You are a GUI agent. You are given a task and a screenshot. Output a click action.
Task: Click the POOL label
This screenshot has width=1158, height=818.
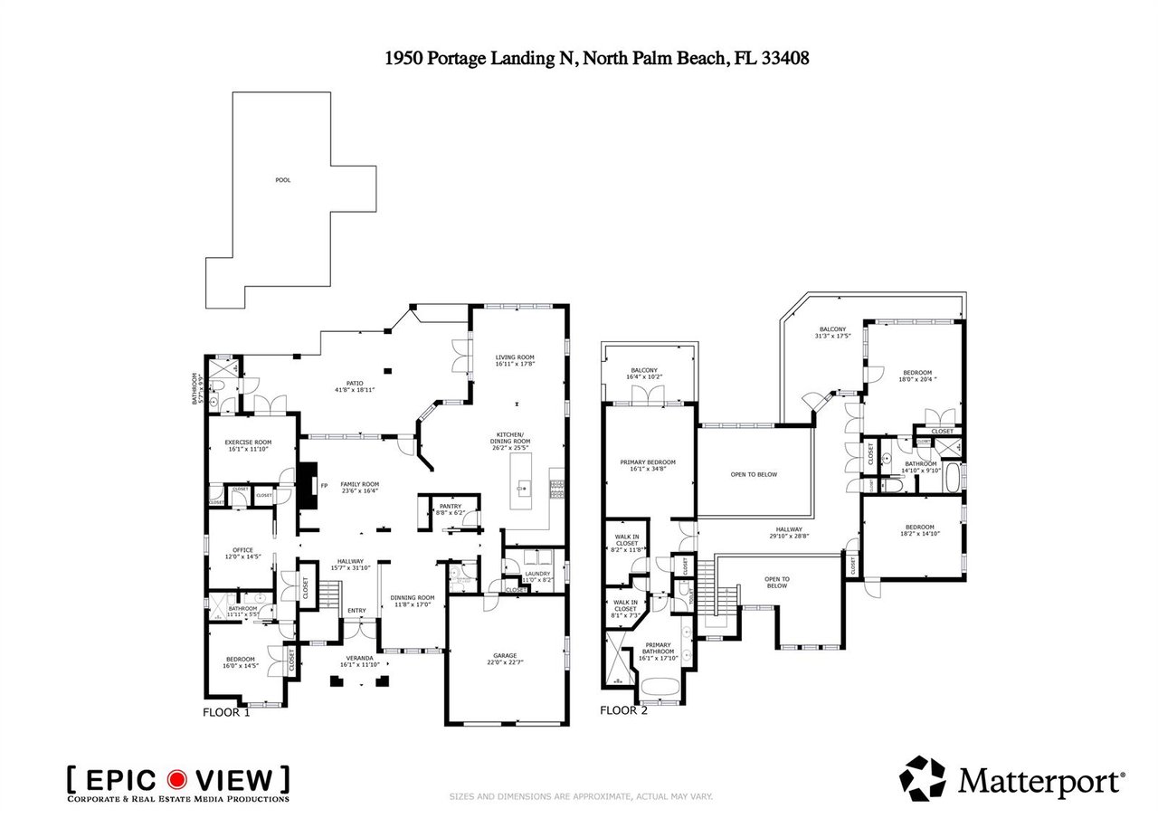coord(283,180)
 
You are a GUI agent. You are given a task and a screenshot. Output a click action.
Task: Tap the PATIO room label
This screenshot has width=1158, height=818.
coord(354,385)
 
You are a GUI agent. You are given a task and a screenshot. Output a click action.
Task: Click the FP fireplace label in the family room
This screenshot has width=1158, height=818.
coord(324,485)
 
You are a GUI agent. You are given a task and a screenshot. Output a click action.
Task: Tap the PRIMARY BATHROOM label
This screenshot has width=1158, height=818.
coord(658,648)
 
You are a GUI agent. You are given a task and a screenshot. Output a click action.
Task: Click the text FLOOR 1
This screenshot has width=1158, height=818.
coord(225,712)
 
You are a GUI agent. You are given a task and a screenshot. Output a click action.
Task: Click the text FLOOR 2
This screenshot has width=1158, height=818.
coord(624,710)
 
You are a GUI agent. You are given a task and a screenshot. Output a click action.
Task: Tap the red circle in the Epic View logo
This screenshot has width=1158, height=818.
coord(178,779)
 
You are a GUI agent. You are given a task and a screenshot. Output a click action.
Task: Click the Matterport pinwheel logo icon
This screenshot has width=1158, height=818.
coord(922,778)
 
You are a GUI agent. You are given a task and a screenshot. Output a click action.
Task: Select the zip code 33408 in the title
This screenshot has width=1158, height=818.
coord(783,58)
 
